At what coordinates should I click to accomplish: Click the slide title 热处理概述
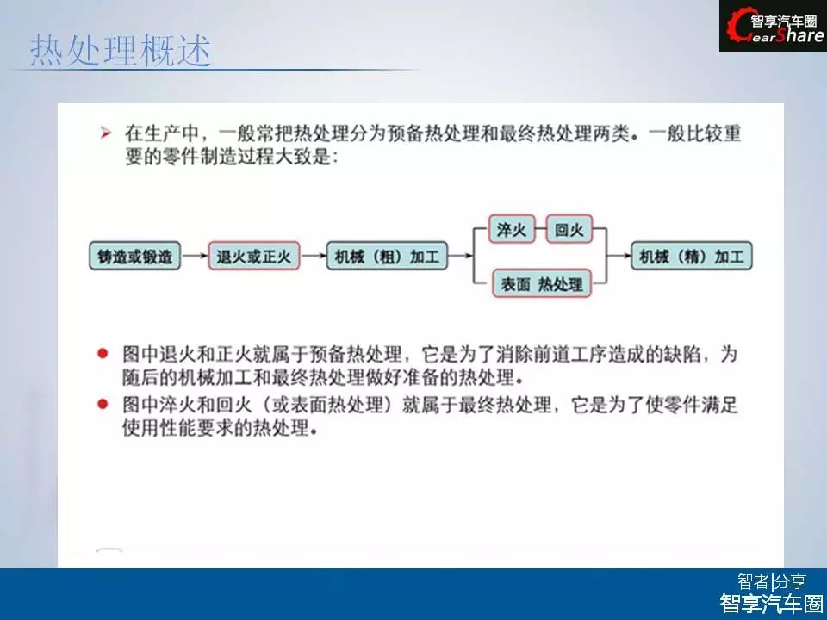pos(121,51)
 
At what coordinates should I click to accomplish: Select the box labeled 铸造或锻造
pos(135,257)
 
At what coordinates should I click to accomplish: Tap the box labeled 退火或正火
pos(253,257)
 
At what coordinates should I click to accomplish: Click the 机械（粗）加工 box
pos(387,257)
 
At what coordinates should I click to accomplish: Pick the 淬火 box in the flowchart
pos(512,229)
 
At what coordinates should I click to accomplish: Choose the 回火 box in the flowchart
pos(569,229)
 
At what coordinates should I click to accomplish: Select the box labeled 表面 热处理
pos(542,284)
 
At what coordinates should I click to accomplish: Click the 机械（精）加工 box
pos(692,257)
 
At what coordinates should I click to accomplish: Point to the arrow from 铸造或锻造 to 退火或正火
pos(195,257)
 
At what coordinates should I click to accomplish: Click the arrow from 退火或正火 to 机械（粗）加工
pos(314,257)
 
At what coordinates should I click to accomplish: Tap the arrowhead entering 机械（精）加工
pos(627,257)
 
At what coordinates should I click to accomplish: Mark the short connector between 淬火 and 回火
pos(540,229)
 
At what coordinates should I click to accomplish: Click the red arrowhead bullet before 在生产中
pos(105,133)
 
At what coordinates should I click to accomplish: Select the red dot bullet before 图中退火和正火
pos(103,353)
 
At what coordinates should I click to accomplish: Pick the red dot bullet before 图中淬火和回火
pos(103,405)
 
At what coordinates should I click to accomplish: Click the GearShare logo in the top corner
pos(773,26)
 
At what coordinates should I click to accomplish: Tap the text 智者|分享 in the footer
pos(772,581)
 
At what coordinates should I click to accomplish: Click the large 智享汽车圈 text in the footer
pos(771,603)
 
